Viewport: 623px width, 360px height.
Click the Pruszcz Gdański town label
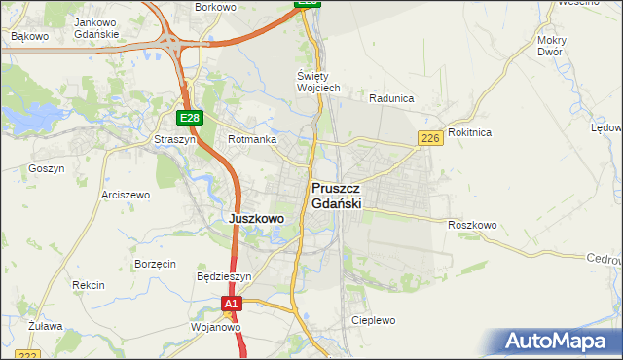pyautogui.click(x=337, y=196)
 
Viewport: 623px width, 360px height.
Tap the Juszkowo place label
pyautogui.click(x=256, y=219)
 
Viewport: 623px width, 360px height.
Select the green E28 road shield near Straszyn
pyautogui.click(x=190, y=118)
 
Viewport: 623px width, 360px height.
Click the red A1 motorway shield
pyautogui.click(x=230, y=305)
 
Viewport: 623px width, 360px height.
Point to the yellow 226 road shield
pyautogui.click(x=431, y=139)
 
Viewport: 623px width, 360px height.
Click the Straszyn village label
pyautogui.click(x=175, y=139)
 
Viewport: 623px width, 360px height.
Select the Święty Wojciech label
pyautogui.click(x=317, y=82)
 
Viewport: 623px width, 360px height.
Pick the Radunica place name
pyautogui.click(x=392, y=98)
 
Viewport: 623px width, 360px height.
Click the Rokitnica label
pyautogui.click(x=470, y=132)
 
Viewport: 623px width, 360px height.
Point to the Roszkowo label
pyautogui.click(x=472, y=225)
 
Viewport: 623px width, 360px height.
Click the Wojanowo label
pyautogui.click(x=215, y=328)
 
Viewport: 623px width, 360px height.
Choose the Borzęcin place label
pyautogui.click(x=155, y=264)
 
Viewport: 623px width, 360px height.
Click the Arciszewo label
pyautogui.click(x=126, y=195)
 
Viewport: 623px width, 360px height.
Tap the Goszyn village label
pyautogui.click(x=46, y=168)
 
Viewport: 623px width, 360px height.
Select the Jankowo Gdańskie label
pyautogui.click(x=96, y=27)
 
